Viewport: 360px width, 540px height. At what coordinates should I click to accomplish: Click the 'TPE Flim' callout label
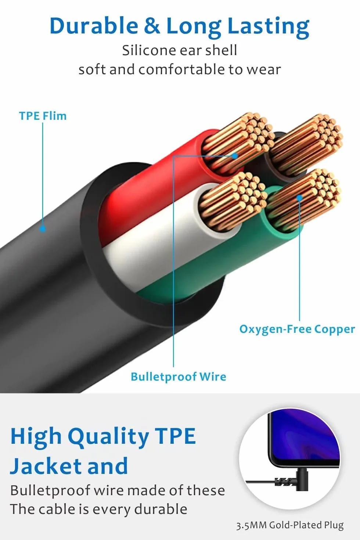point(43,116)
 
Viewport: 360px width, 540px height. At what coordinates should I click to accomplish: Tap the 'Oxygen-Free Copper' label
point(297,329)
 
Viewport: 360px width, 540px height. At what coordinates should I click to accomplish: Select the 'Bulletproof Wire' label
point(179,377)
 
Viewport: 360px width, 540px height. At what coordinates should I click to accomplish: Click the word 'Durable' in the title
point(94,26)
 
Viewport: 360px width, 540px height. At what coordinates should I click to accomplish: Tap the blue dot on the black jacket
point(43,228)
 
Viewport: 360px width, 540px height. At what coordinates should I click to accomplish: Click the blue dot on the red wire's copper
point(235,156)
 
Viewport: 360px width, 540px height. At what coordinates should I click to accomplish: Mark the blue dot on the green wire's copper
point(299,198)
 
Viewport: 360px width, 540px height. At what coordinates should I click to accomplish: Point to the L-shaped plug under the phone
point(301,480)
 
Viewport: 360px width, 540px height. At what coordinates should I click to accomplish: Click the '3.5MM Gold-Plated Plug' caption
point(290,525)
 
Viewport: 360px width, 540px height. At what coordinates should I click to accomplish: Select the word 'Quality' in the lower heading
point(108,437)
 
